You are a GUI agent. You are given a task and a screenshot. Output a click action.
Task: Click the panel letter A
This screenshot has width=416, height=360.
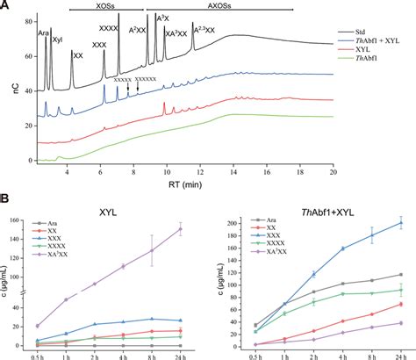(x=8, y=6)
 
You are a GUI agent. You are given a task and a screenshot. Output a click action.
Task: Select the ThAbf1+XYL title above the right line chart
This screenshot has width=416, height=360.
(x=308, y=212)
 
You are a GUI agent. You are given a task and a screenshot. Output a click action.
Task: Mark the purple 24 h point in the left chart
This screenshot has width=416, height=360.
(x=180, y=229)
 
